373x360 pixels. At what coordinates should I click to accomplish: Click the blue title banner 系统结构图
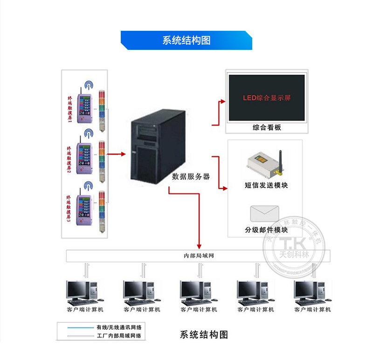point(186,41)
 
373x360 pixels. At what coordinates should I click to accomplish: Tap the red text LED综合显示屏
point(267,98)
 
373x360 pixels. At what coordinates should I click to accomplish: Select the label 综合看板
point(267,127)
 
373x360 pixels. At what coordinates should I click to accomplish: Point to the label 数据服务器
point(191,177)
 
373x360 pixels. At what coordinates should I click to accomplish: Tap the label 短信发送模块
point(266,185)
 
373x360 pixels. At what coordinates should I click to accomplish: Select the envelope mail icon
point(264,214)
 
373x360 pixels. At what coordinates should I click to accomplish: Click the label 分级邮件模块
point(266,230)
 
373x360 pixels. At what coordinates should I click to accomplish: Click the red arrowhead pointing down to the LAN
point(200,246)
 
